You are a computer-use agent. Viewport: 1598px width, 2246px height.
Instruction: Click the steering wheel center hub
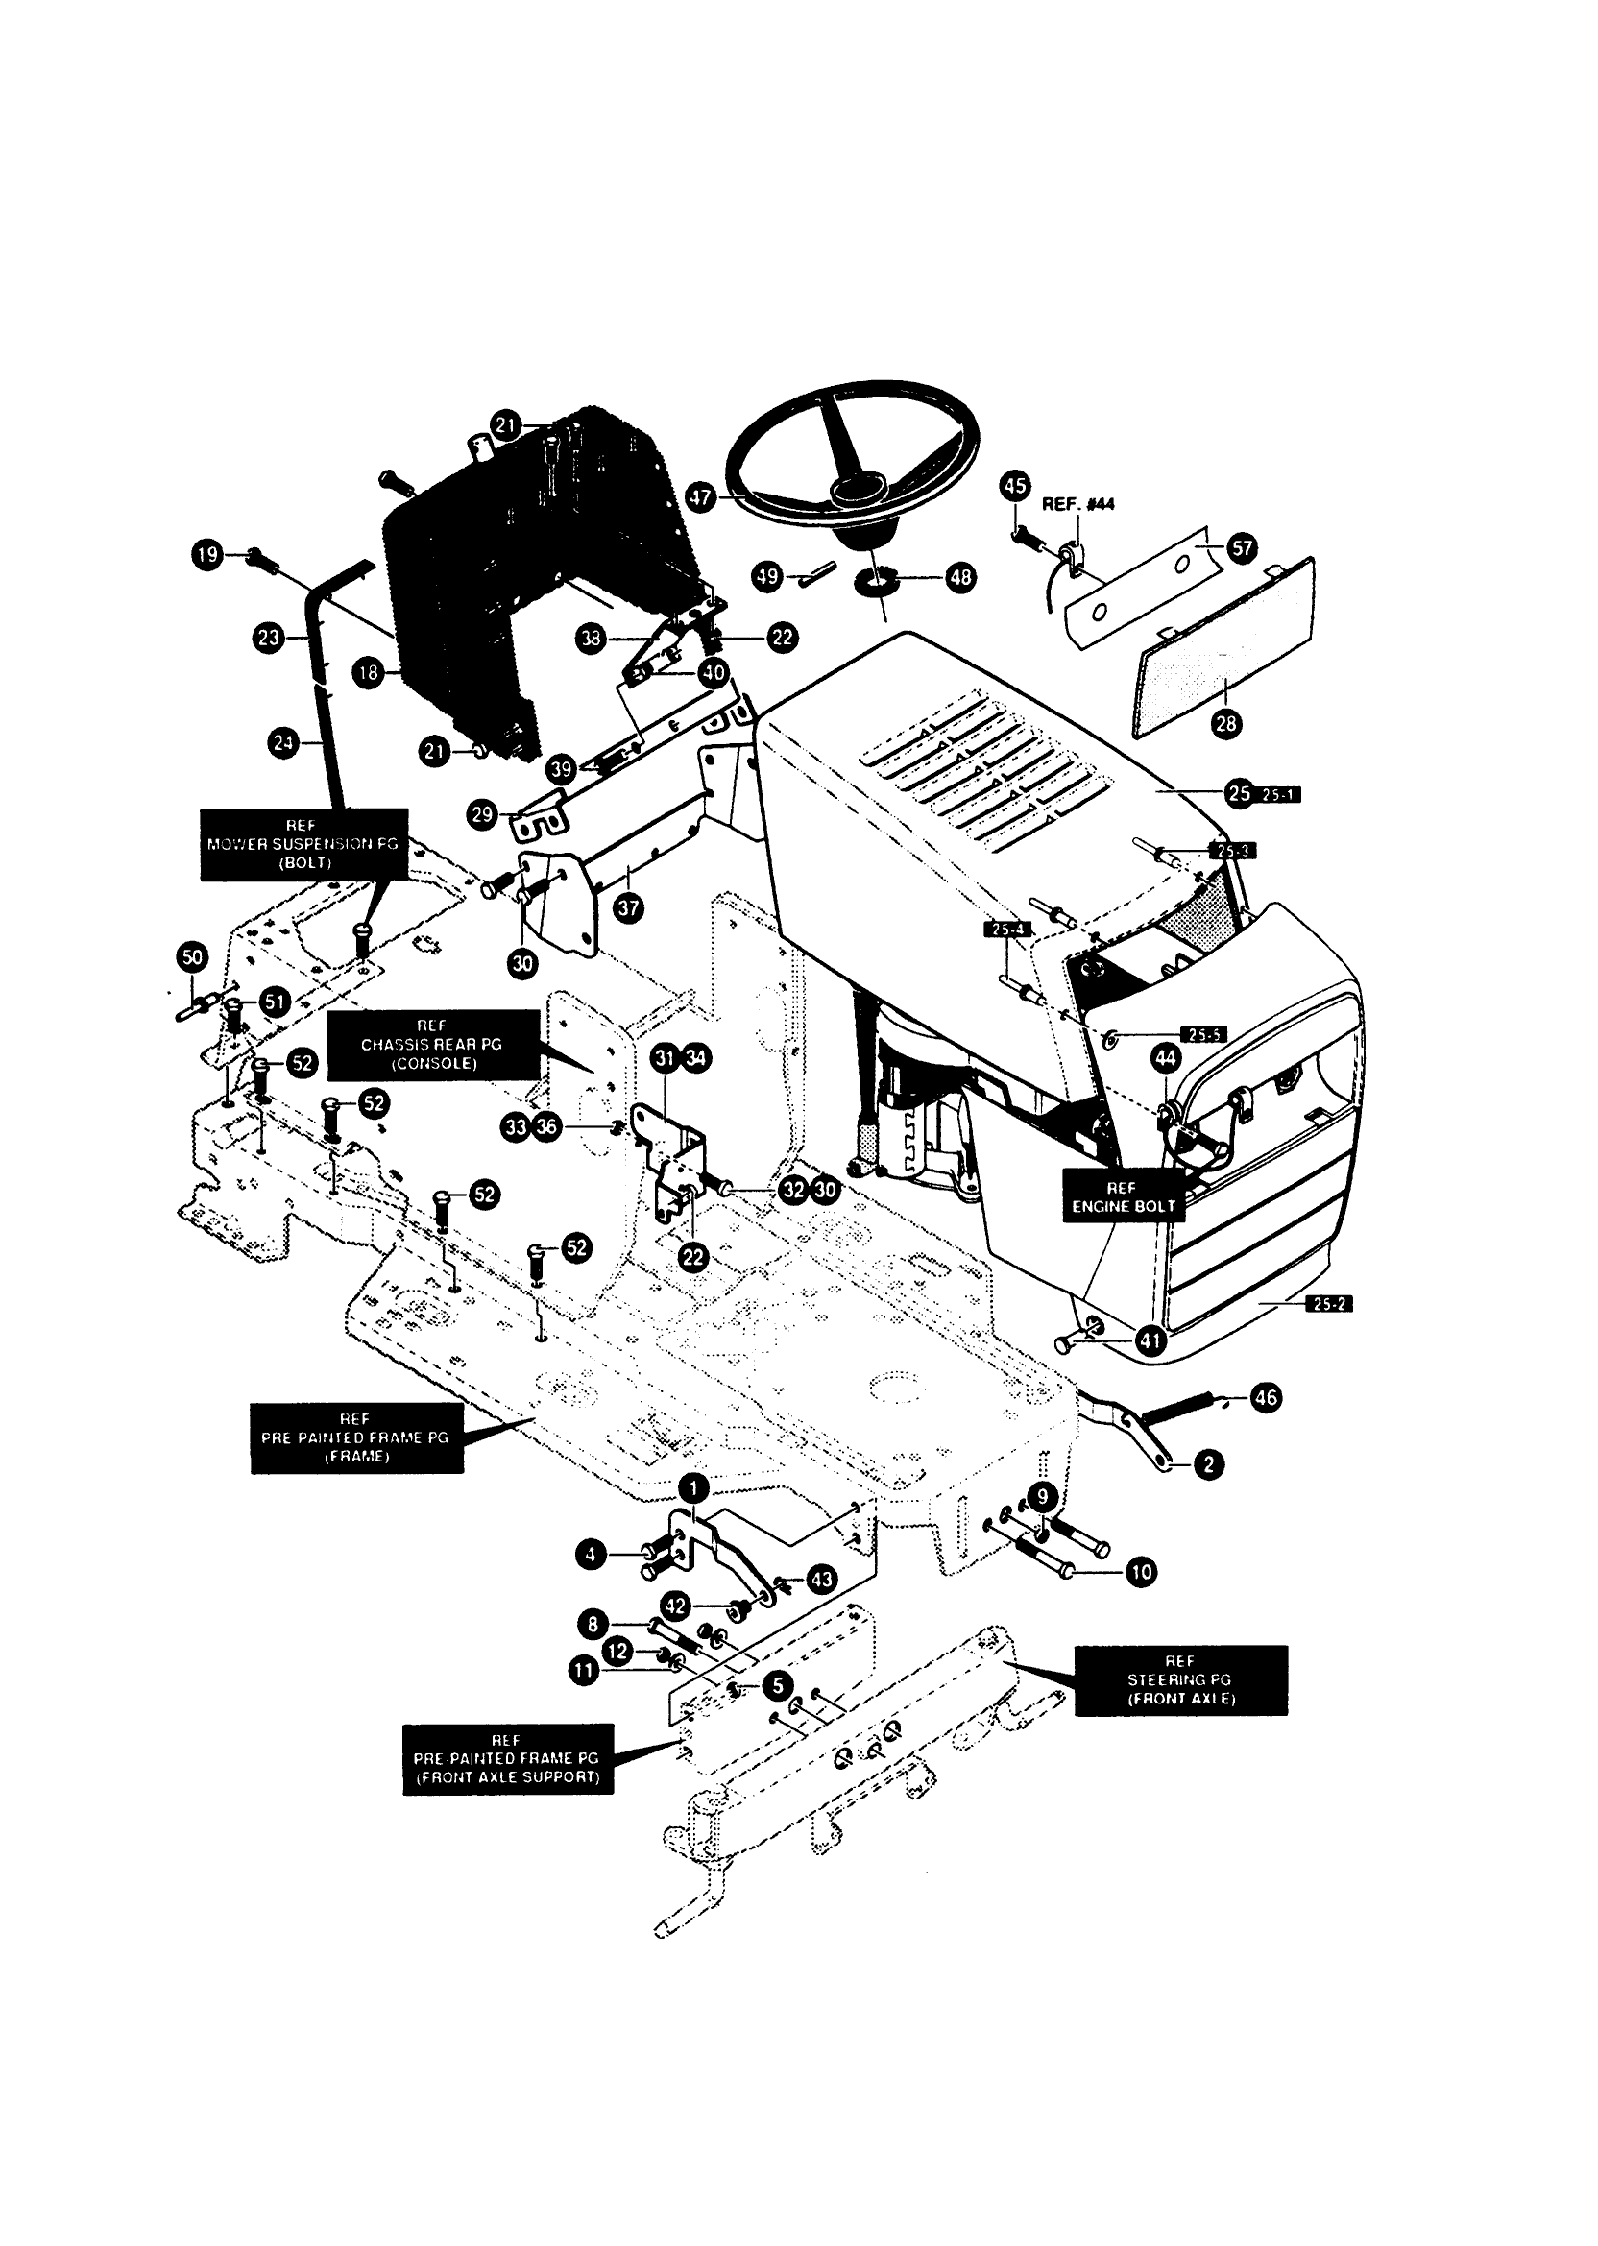click(x=853, y=489)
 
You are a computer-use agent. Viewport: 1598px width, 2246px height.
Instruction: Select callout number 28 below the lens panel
click(x=1226, y=724)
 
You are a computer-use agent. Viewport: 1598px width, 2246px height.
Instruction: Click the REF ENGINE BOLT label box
click(x=1122, y=1196)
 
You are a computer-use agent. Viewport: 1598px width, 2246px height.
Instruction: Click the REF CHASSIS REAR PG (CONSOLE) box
click(x=432, y=1045)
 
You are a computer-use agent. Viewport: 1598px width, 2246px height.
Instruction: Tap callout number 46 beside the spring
click(x=1266, y=1397)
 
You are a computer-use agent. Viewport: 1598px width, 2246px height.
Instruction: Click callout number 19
click(x=206, y=555)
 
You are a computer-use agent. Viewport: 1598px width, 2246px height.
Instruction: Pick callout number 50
click(x=192, y=956)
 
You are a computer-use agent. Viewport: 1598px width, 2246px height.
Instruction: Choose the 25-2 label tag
click(x=1327, y=1305)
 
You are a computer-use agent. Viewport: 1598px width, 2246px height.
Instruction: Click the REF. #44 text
click(x=1077, y=505)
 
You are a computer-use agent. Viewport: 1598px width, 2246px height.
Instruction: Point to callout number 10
click(x=1141, y=1572)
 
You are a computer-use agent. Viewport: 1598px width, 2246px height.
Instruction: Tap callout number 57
click(x=1242, y=547)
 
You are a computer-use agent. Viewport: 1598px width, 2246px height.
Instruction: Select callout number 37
click(x=628, y=908)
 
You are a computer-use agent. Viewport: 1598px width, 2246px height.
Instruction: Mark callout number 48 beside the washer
click(x=960, y=577)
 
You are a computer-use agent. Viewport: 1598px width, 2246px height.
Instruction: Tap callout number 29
click(x=482, y=814)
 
